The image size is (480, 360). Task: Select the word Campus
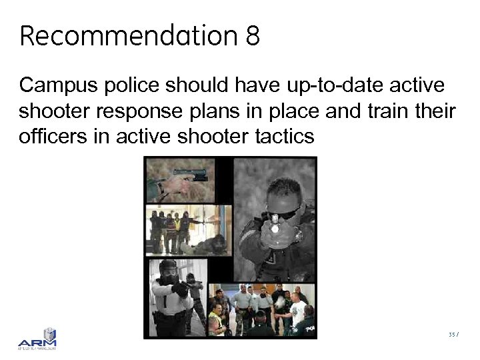[x=57, y=86]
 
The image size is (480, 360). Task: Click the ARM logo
[x=38, y=339]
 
